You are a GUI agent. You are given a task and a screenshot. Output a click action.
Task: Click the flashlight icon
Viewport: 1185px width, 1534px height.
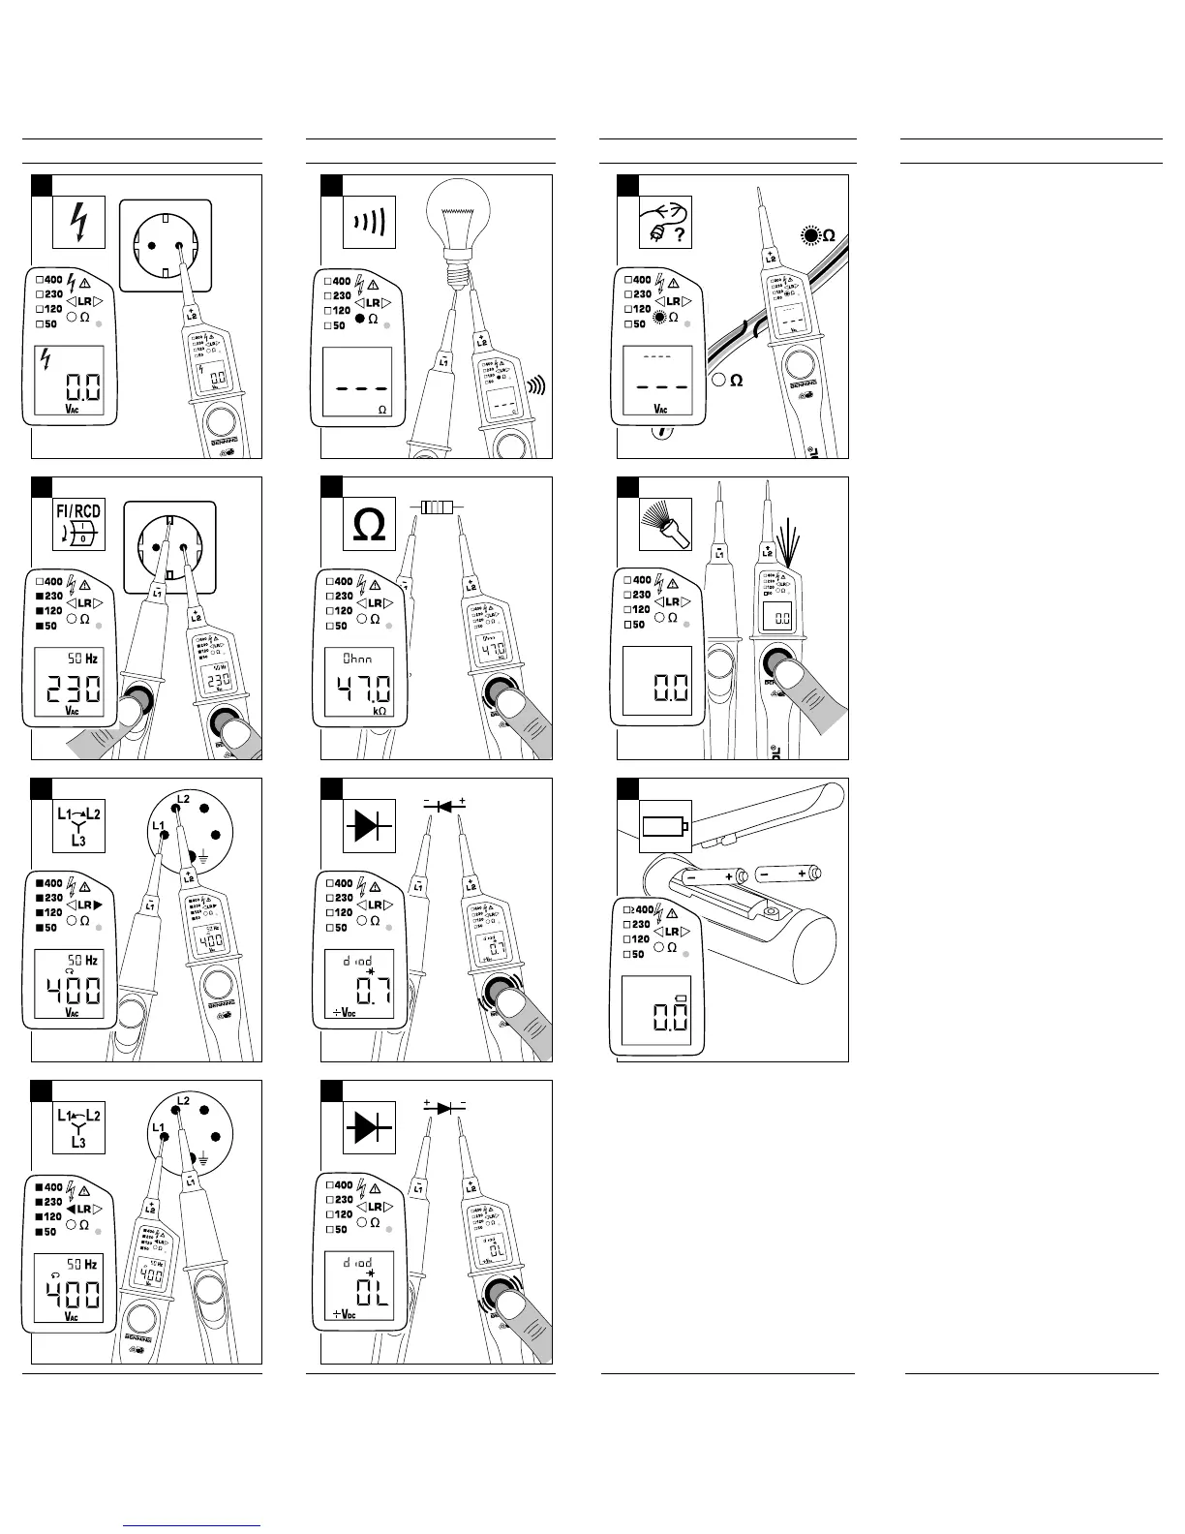tap(666, 524)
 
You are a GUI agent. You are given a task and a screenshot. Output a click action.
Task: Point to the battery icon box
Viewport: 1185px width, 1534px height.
tap(666, 826)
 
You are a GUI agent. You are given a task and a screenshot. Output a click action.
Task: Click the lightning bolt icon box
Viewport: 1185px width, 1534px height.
tap(78, 224)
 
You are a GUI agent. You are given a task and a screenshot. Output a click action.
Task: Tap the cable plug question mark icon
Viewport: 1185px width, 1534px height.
tap(666, 224)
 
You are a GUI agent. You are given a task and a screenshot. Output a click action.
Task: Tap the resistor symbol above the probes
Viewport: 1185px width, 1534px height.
tap(437, 506)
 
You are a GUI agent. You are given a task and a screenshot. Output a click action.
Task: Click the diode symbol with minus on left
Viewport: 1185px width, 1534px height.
tap(444, 806)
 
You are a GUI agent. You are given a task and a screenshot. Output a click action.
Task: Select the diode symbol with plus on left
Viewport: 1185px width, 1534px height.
tap(444, 1107)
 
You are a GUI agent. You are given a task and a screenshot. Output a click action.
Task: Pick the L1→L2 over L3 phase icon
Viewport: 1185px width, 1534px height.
tap(78, 826)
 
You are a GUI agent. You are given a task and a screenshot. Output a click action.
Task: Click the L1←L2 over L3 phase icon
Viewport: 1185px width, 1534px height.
tap(78, 1126)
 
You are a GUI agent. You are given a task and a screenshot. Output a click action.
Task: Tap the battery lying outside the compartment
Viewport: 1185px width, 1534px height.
tap(786, 874)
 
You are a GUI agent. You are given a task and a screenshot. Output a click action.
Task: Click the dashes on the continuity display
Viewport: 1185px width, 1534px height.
tap(357, 386)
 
